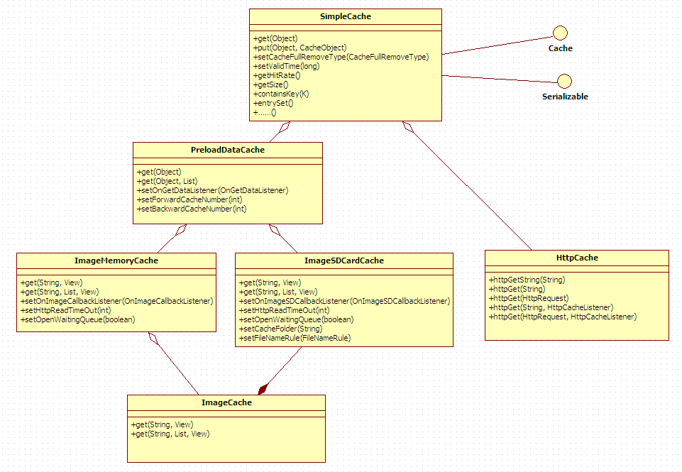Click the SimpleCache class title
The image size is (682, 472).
[x=345, y=16]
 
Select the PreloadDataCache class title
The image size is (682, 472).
[x=227, y=150]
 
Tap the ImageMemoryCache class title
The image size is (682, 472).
[x=116, y=260]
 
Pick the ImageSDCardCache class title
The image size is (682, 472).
[x=343, y=260]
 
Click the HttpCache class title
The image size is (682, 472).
[x=576, y=258]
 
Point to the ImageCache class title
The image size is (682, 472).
[x=226, y=402]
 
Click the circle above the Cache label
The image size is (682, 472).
[x=560, y=32]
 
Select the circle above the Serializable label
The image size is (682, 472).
[x=565, y=80]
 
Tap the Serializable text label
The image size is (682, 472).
[x=565, y=97]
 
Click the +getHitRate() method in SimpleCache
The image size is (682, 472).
[x=277, y=75]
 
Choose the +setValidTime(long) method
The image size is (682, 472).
[x=286, y=66]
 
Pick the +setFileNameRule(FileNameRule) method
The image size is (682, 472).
[x=295, y=338]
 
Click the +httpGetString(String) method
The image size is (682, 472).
[x=527, y=280]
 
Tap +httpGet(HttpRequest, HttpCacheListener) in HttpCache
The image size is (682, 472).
[x=563, y=317]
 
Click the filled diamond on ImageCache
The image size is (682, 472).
[x=263, y=388]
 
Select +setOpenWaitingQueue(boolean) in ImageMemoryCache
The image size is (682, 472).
[x=78, y=319]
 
